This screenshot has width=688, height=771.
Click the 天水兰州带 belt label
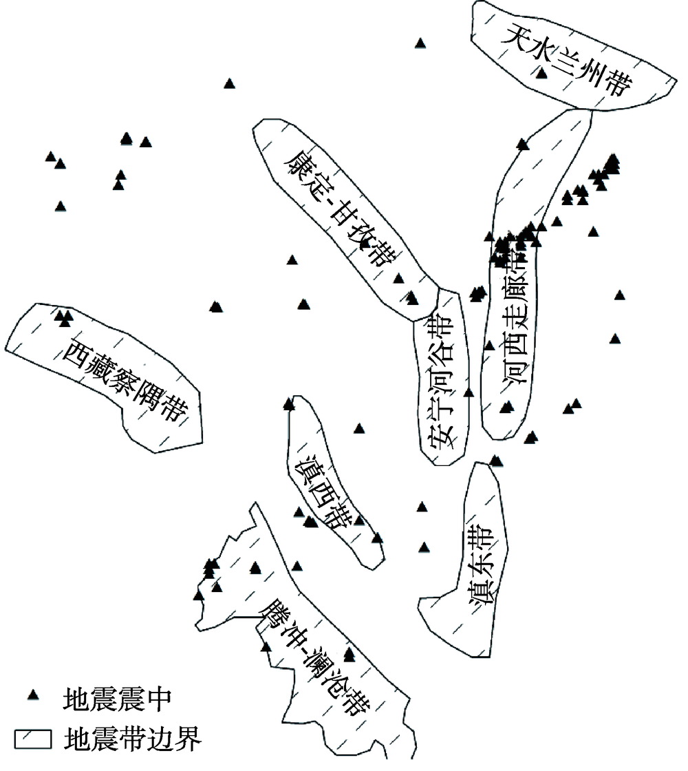tap(566, 61)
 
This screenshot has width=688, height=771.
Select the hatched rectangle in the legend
tap(33, 740)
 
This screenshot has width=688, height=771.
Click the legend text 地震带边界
tap(131, 740)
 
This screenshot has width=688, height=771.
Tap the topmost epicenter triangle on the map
tap(420, 43)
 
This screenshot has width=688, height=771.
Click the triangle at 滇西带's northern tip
tap(289, 404)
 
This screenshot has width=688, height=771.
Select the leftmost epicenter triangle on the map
tap(50, 157)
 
